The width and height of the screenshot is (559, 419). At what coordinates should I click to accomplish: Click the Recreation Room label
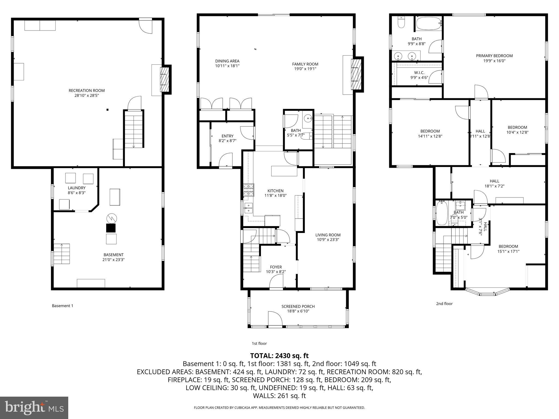(87, 91)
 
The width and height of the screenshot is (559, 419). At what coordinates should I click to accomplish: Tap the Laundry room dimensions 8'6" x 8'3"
(77, 193)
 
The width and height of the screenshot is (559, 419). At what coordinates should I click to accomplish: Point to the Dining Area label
(227, 61)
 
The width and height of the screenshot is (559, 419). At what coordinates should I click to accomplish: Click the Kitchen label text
(275, 191)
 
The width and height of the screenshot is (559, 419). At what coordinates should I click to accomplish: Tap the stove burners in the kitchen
(249, 190)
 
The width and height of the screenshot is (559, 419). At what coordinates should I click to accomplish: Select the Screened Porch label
(298, 306)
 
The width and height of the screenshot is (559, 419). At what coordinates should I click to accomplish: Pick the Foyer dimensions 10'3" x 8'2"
(276, 272)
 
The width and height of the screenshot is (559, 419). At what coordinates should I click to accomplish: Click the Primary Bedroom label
(494, 56)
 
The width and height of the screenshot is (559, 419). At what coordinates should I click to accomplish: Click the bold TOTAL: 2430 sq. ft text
(279, 356)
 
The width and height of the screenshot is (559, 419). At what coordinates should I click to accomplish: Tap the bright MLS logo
(34, 408)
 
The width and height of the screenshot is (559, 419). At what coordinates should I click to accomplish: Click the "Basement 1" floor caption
(63, 306)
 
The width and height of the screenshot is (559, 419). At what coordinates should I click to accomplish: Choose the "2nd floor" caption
(444, 304)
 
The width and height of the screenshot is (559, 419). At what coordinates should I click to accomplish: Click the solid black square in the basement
(111, 228)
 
